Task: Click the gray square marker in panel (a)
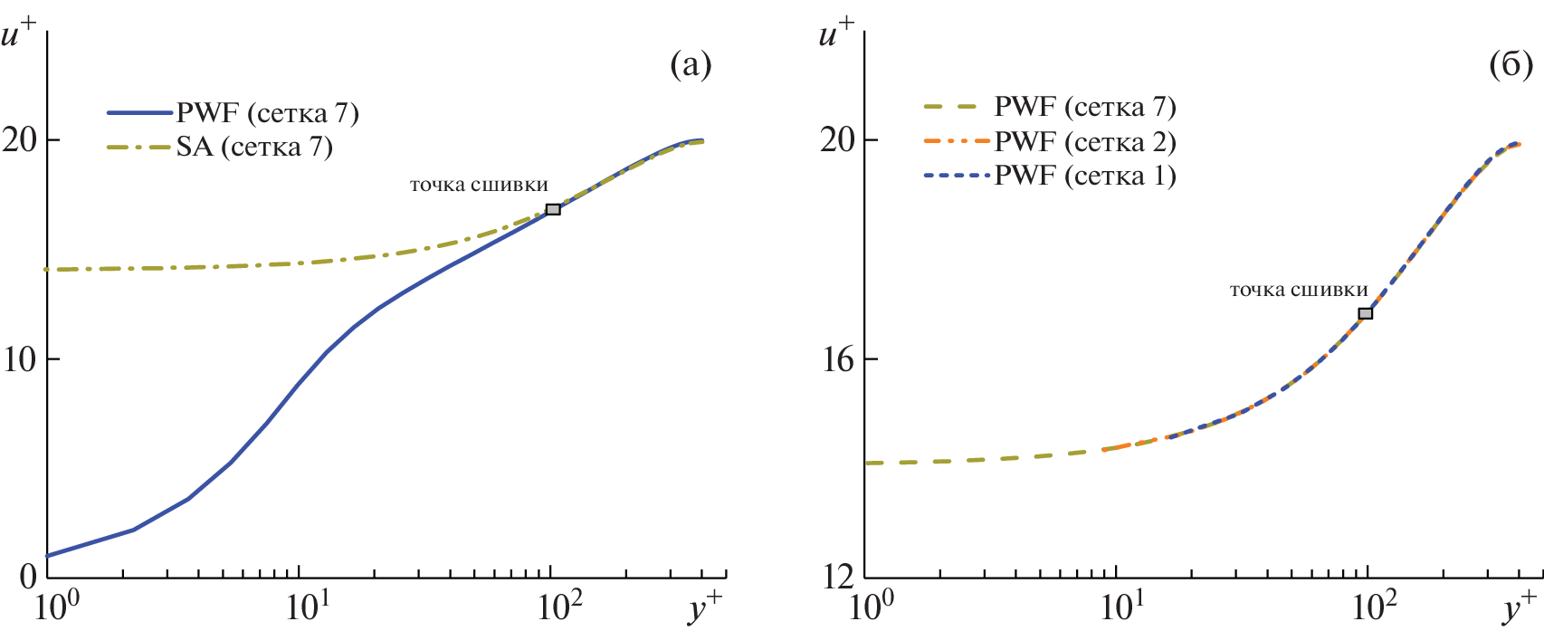553,209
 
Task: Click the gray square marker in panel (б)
1365,313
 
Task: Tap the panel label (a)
691,65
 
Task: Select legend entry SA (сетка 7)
254,147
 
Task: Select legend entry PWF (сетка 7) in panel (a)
267,113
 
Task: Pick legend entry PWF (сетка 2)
1085,141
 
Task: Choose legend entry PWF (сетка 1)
1085,175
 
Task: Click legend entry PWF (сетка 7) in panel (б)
1085,107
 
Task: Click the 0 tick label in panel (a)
27,578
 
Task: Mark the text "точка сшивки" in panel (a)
479,185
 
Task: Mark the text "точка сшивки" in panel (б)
1299,290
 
